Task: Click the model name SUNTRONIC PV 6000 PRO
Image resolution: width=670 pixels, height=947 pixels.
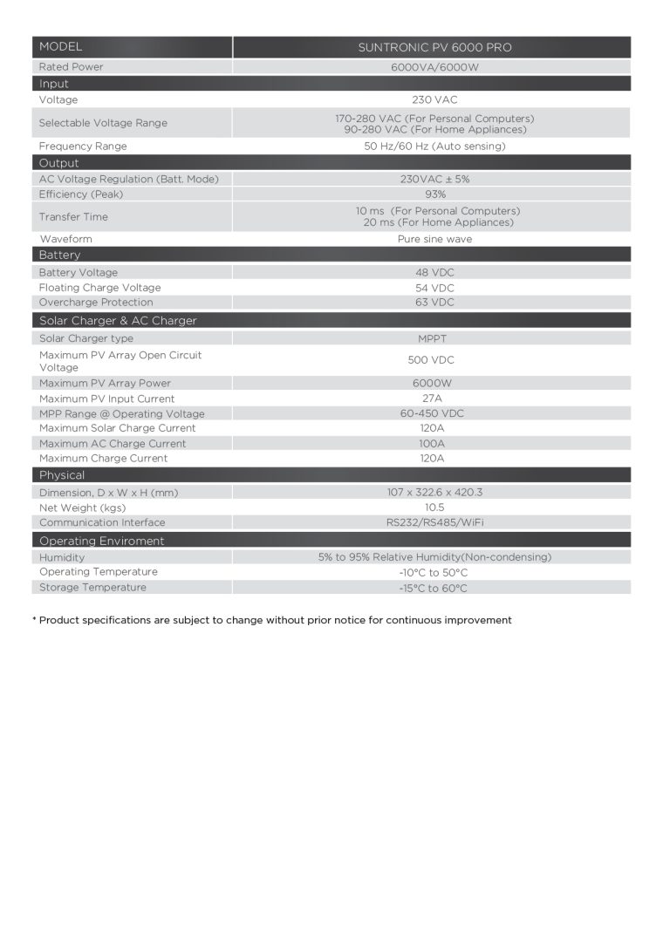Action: coord(434,47)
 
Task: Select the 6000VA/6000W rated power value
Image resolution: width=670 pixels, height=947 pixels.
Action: coord(434,66)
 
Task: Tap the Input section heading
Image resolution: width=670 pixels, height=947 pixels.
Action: coord(53,84)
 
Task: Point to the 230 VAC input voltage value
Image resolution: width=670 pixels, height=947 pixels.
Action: coord(434,100)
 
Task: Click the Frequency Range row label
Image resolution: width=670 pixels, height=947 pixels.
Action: coord(83,146)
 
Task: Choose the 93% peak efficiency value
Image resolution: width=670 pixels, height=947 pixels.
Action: coord(434,194)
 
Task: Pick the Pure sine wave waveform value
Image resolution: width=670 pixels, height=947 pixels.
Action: coord(434,239)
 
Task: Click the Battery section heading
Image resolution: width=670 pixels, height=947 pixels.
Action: coord(59,255)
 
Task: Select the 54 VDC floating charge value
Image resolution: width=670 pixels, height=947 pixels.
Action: coord(434,288)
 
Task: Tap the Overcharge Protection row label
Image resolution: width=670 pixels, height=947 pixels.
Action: coord(96,303)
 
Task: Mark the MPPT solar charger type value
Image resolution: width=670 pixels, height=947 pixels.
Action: coord(434,338)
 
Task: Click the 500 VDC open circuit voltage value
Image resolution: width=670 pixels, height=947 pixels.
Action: coord(431,360)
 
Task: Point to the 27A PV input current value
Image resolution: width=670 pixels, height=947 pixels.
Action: coord(432,399)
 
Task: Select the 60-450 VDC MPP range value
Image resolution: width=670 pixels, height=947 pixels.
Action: coord(432,413)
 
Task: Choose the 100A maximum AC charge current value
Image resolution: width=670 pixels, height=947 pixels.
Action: coord(432,444)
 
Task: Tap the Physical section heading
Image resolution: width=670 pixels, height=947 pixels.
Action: coord(62,475)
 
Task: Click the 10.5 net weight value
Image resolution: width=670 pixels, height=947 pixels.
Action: coord(434,508)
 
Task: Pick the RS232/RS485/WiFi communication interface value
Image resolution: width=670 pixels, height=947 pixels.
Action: coord(434,523)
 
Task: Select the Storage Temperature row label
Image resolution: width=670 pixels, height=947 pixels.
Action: coord(92,588)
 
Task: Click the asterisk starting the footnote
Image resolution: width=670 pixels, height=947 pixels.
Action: coord(34,620)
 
